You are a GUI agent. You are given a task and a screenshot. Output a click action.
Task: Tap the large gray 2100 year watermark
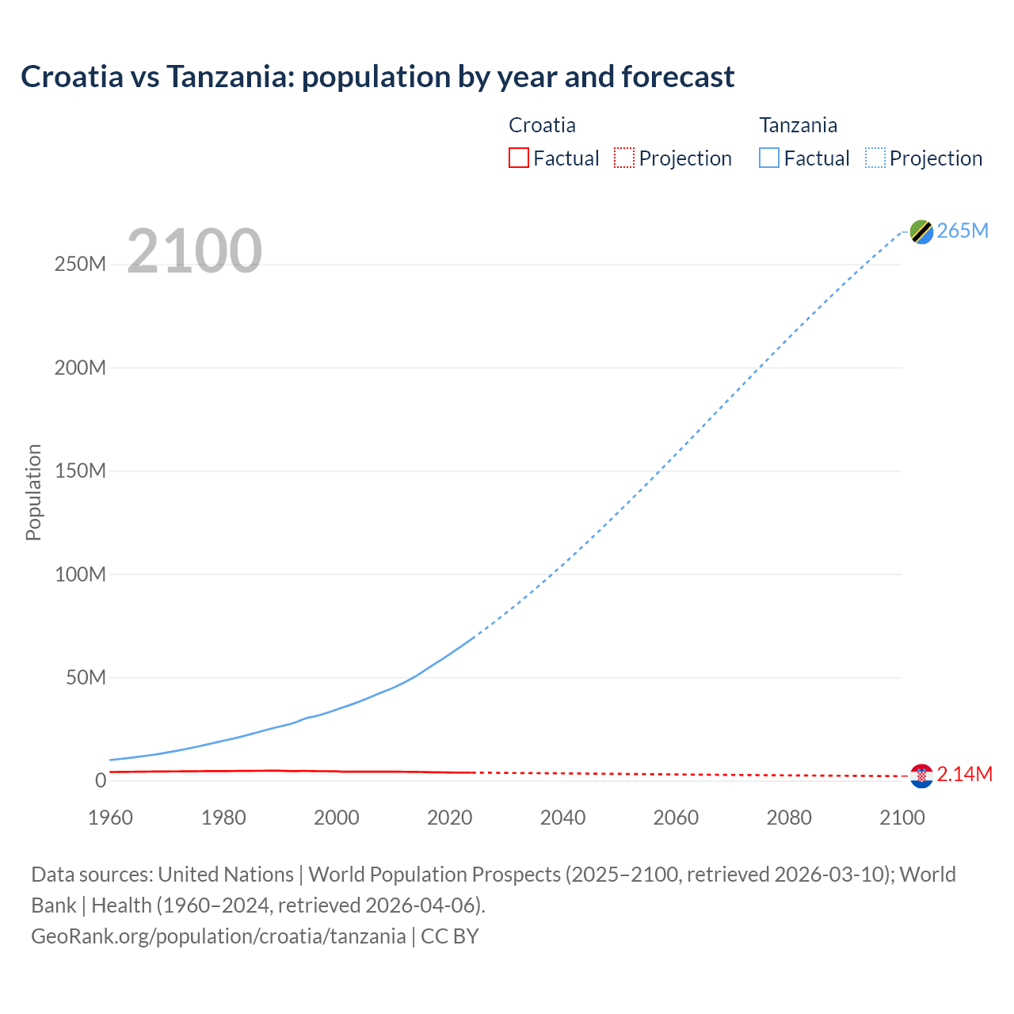(x=194, y=251)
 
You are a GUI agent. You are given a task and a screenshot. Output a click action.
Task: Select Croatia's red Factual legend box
(x=518, y=158)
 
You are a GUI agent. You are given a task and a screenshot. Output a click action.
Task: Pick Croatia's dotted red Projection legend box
(x=624, y=158)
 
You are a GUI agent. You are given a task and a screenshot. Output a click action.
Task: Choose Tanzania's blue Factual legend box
(x=769, y=158)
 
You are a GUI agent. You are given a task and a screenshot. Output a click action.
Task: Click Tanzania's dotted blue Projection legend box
(x=875, y=158)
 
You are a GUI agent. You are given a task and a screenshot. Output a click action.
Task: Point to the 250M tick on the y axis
(x=80, y=265)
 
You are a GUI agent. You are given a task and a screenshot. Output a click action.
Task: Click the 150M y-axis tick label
(x=80, y=471)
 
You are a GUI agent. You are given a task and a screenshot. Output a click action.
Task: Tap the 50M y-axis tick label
(x=86, y=678)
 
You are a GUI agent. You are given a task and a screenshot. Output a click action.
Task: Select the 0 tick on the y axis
(x=100, y=781)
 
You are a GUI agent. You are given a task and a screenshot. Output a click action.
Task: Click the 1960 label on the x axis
(x=110, y=818)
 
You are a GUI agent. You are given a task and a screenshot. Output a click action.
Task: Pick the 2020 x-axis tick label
(x=449, y=818)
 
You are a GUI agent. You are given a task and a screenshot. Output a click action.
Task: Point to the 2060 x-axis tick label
(x=676, y=818)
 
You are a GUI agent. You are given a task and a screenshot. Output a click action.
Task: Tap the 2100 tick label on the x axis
(x=902, y=818)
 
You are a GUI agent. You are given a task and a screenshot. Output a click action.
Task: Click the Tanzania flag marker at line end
(x=921, y=231)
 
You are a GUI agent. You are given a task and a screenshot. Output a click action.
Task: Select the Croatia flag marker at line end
(x=921, y=776)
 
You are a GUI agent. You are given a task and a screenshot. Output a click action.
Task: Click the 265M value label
(x=963, y=231)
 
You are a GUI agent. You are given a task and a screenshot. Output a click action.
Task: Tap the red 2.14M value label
(x=964, y=775)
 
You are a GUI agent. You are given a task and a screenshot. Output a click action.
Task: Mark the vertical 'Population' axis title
(x=33, y=492)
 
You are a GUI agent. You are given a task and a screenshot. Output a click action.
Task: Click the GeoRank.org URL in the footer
(x=218, y=936)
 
